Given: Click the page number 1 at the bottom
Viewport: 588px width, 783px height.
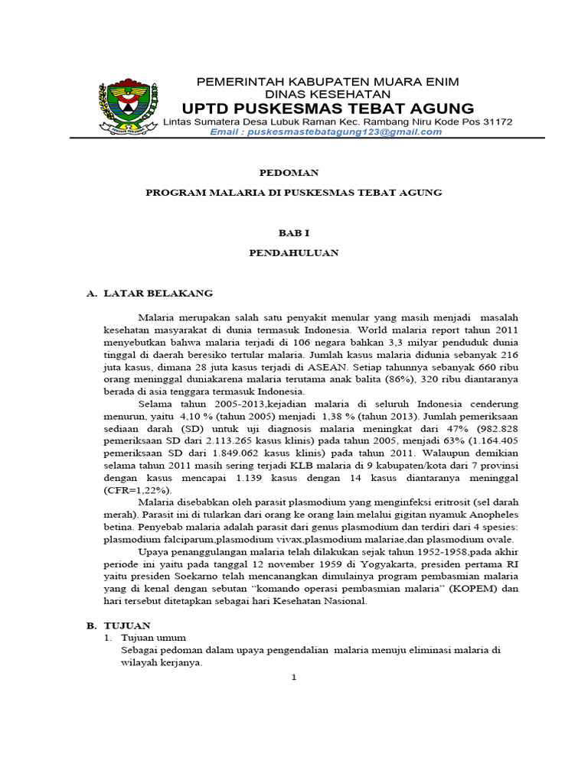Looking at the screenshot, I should (294, 677).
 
